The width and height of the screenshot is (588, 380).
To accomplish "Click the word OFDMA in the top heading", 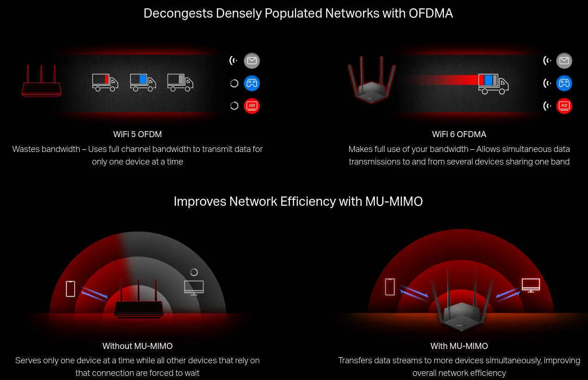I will [430, 13].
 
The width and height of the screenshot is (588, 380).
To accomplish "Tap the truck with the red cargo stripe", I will [105, 82].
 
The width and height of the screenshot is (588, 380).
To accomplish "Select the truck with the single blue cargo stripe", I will [143, 82].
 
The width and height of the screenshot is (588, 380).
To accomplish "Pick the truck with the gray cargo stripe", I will [180, 82].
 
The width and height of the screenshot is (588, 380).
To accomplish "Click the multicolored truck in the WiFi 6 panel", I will [493, 83].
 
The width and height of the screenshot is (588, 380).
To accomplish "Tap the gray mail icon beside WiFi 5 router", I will [252, 61].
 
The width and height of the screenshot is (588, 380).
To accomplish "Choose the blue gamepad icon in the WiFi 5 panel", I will [252, 83].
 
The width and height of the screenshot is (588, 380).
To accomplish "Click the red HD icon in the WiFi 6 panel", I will [564, 106].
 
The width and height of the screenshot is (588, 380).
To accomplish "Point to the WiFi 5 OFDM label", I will [138, 134].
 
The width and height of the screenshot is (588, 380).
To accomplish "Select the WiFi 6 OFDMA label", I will [459, 134].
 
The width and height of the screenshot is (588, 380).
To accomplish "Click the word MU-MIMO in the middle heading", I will [394, 202].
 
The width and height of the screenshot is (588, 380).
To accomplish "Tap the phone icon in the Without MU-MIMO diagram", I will [70, 289].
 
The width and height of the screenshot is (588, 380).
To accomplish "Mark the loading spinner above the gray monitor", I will [194, 272].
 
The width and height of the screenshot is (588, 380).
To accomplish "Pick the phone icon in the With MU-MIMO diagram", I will [390, 287].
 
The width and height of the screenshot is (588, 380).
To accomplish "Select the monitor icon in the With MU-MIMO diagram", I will [531, 285].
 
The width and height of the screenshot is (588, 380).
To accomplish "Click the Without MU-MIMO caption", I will [138, 346].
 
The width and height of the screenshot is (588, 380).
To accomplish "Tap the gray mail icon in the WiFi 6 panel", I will [564, 61].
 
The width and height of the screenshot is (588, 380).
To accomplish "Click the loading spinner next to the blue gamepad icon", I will [234, 83].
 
